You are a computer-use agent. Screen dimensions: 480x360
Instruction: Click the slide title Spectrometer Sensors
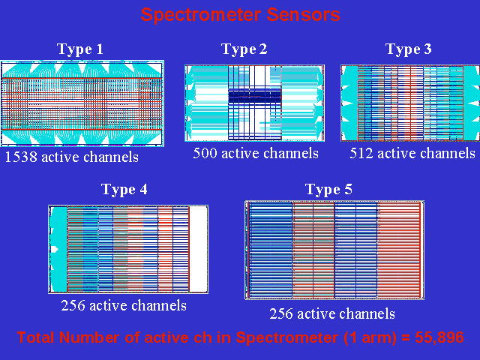[240, 15]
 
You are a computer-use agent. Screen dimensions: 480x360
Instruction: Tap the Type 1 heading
[80, 49]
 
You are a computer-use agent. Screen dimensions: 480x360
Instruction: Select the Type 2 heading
[244, 49]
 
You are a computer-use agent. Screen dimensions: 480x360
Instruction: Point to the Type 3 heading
[408, 49]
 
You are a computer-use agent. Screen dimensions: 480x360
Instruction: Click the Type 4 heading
[124, 190]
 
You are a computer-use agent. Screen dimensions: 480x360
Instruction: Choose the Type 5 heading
[328, 190]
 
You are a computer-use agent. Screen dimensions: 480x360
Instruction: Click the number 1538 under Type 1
[20, 157]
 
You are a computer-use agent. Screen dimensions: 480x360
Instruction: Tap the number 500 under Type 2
[205, 153]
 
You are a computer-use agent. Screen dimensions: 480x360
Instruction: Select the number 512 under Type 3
[361, 153]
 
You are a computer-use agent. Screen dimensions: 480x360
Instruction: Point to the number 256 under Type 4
[73, 305]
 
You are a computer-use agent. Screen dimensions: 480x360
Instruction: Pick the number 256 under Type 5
[281, 313]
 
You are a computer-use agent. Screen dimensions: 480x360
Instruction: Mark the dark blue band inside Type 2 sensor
[255, 96]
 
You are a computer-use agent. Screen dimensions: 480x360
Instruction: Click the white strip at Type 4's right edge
[198, 249]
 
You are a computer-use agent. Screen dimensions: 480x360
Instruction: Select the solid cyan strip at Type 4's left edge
[58, 249]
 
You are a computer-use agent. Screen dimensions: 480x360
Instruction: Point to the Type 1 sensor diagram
[82, 103]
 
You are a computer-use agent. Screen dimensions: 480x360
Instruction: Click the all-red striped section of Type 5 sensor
[399, 250]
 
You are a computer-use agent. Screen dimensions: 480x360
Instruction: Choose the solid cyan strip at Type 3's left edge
[349, 103]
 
